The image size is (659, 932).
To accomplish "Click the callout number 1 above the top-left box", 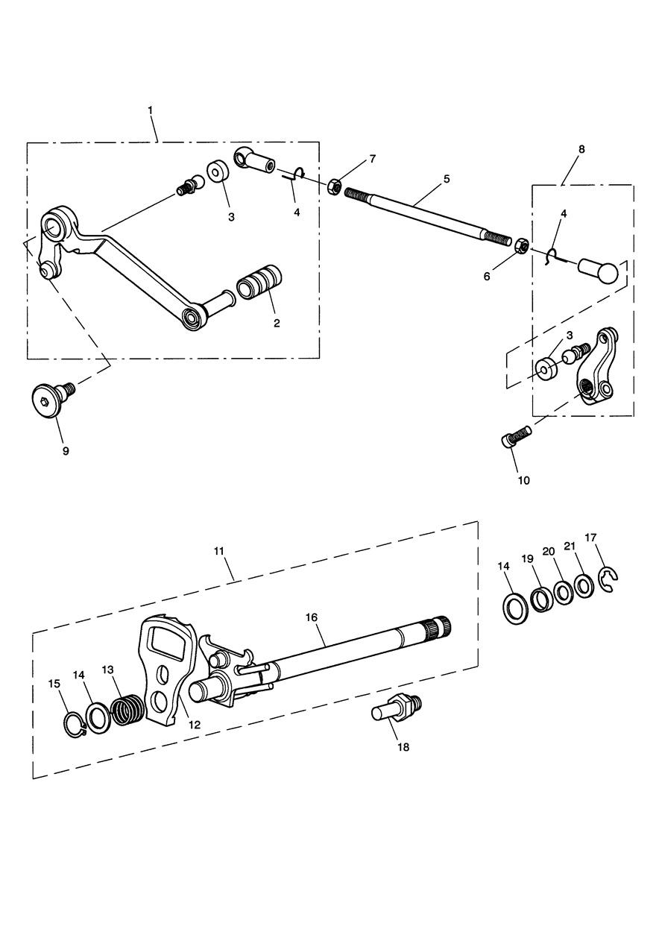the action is point(150,110).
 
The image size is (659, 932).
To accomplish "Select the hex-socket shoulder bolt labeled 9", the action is point(53,400).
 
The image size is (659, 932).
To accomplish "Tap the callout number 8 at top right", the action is point(581,149).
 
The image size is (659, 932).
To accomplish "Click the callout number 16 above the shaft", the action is point(311,617).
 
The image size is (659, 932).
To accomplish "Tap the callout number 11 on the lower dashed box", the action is point(219,551).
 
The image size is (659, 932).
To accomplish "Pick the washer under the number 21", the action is point(585,587).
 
